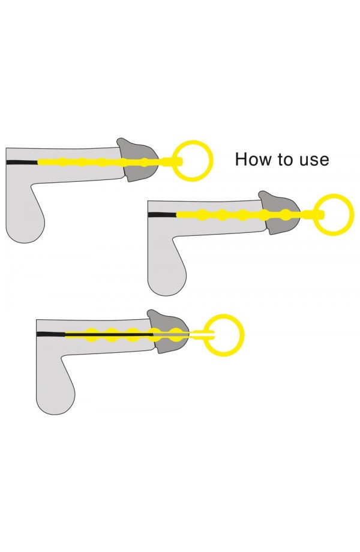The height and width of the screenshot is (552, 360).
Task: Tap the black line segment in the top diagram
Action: [x=22, y=162]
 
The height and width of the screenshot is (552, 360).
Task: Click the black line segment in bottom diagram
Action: [x=50, y=333]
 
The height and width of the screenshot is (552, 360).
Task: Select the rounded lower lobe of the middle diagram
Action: [x=166, y=279]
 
